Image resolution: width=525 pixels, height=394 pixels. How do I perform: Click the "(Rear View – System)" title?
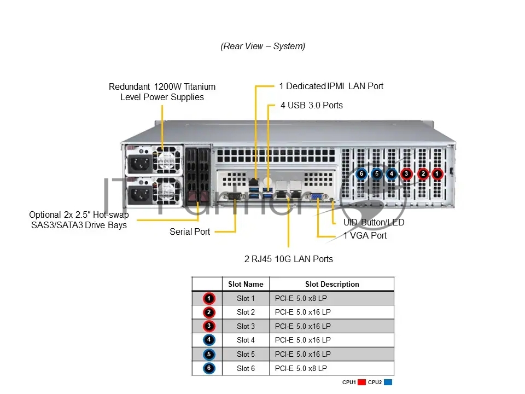click(263, 46)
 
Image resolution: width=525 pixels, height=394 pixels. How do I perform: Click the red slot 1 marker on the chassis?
click(437, 173)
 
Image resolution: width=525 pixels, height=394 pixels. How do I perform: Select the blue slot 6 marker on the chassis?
click(361, 173)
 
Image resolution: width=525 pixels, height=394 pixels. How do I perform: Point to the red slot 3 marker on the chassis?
click(406, 173)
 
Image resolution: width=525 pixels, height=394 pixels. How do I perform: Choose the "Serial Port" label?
click(190, 231)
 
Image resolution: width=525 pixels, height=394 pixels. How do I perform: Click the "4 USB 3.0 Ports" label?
click(312, 105)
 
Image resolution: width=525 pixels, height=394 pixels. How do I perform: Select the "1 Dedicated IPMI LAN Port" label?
click(331, 86)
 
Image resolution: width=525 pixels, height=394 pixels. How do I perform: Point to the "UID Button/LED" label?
click(374, 222)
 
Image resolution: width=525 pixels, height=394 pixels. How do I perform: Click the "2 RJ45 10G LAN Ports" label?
click(289, 259)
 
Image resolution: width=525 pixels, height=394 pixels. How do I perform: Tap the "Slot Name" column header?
click(246, 284)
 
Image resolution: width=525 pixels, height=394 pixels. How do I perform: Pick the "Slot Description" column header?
click(332, 284)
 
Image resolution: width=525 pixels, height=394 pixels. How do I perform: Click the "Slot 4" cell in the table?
click(246, 340)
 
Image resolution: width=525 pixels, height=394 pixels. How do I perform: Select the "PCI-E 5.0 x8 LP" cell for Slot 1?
click(301, 298)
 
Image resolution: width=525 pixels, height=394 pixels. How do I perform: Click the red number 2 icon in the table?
click(209, 312)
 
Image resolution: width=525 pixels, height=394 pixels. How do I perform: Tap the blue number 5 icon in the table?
click(209, 354)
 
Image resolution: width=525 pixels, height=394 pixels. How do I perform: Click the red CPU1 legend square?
click(361, 383)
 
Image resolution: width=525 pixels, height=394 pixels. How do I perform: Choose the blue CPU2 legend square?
click(388, 383)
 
